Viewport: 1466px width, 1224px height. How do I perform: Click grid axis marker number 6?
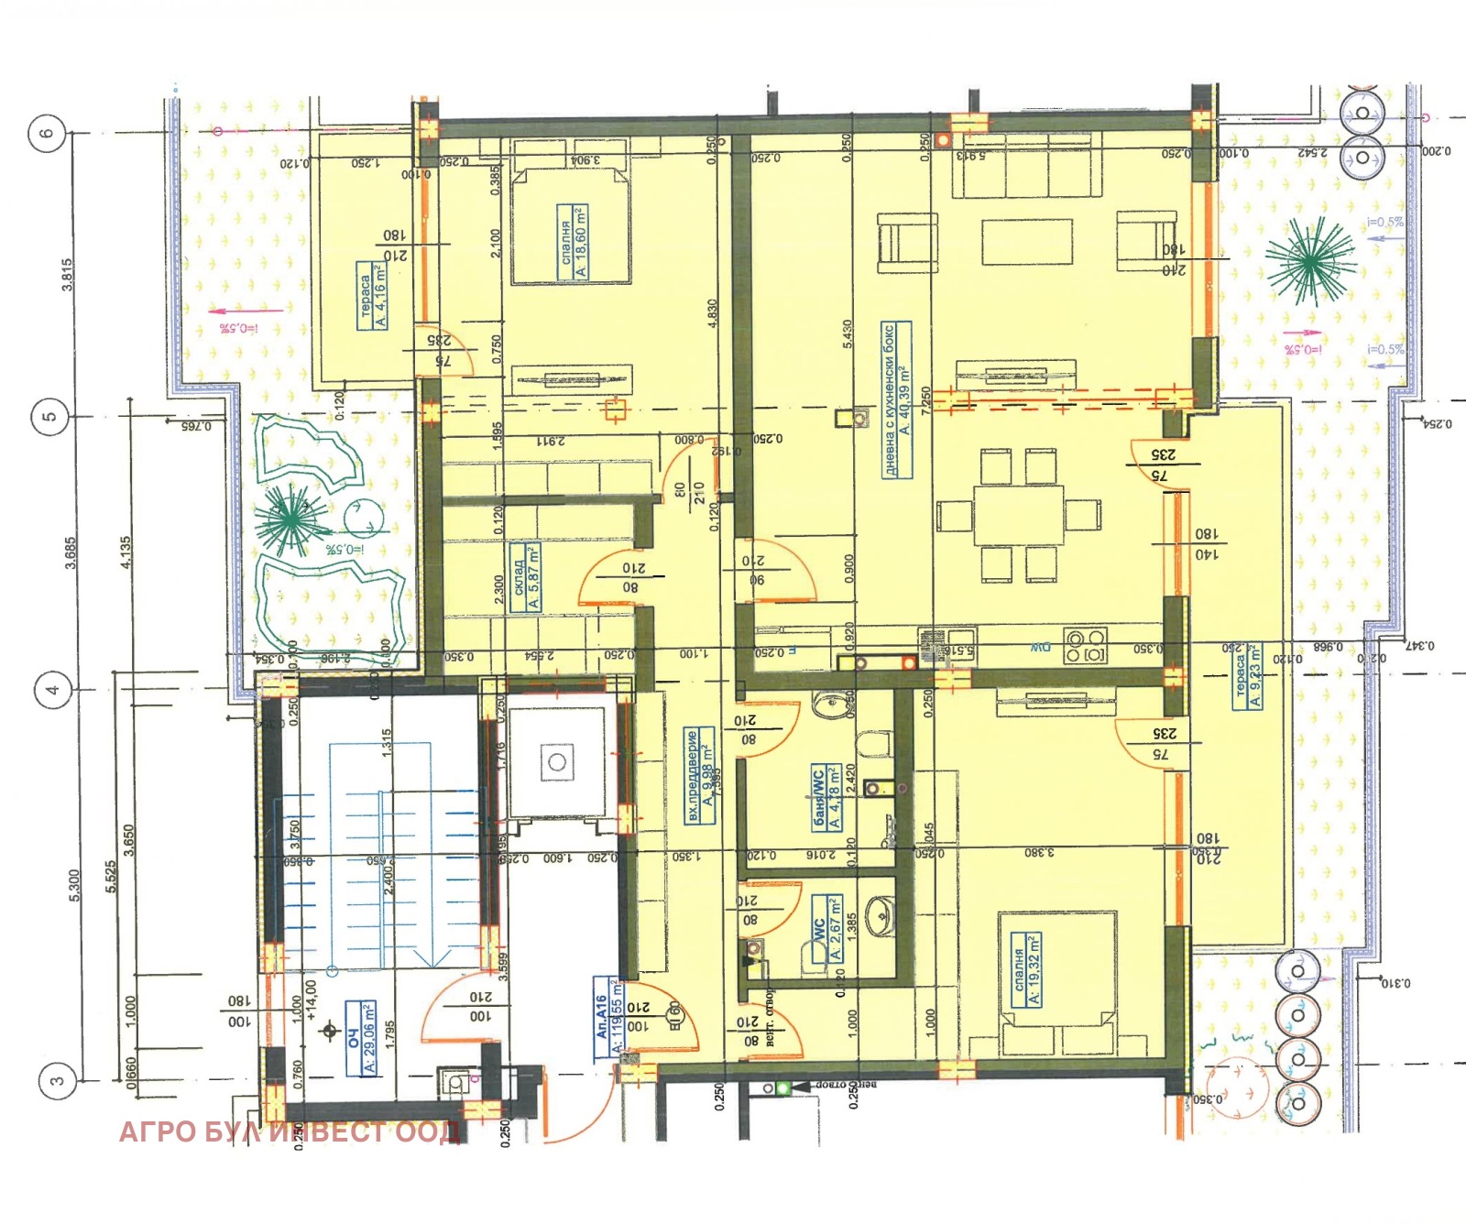[x=47, y=133]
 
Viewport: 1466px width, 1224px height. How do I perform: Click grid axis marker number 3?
[x=57, y=1080]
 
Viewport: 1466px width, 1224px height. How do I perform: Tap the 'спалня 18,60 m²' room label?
[x=574, y=242]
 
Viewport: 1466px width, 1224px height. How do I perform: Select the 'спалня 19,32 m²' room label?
[x=1026, y=970]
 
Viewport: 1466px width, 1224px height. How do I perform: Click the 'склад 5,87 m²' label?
[x=526, y=577]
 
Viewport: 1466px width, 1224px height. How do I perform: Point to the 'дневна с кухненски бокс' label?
[x=896, y=399]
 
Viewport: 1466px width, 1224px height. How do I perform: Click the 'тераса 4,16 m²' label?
[x=373, y=296]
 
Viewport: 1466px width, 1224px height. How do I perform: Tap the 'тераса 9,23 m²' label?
[x=1247, y=676]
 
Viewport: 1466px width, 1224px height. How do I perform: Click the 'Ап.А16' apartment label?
[x=608, y=1017]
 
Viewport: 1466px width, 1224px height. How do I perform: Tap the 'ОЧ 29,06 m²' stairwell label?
[x=361, y=1038]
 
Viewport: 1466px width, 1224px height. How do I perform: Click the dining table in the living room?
[x=1018, y=515]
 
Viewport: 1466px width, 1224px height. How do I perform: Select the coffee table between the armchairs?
[x=1026, y=242]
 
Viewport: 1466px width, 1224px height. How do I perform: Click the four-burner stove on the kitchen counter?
[x=1085, y=646]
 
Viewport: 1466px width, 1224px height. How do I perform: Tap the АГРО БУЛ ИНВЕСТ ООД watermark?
[x=289, y=1132]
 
